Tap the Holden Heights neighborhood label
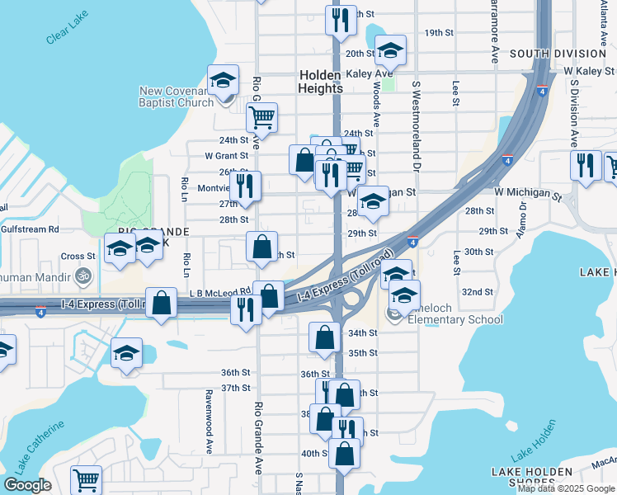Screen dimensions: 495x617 tap(321, 81)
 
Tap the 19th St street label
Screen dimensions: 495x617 tap(440, 32)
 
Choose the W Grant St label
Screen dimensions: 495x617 tap(226, 155)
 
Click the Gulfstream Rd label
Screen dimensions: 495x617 tap(30, 229)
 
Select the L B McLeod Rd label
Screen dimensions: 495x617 tap(219, 291)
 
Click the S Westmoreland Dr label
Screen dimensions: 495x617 tap(417, 124)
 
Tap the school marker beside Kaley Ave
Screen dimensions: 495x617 tap(390, 52)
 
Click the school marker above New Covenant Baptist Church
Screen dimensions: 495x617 tap(223, 79)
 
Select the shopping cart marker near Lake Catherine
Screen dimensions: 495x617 tap(86, 479)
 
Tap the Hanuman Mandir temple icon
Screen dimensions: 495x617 tap(82, 276)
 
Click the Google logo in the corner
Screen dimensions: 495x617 tap(27, 485)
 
